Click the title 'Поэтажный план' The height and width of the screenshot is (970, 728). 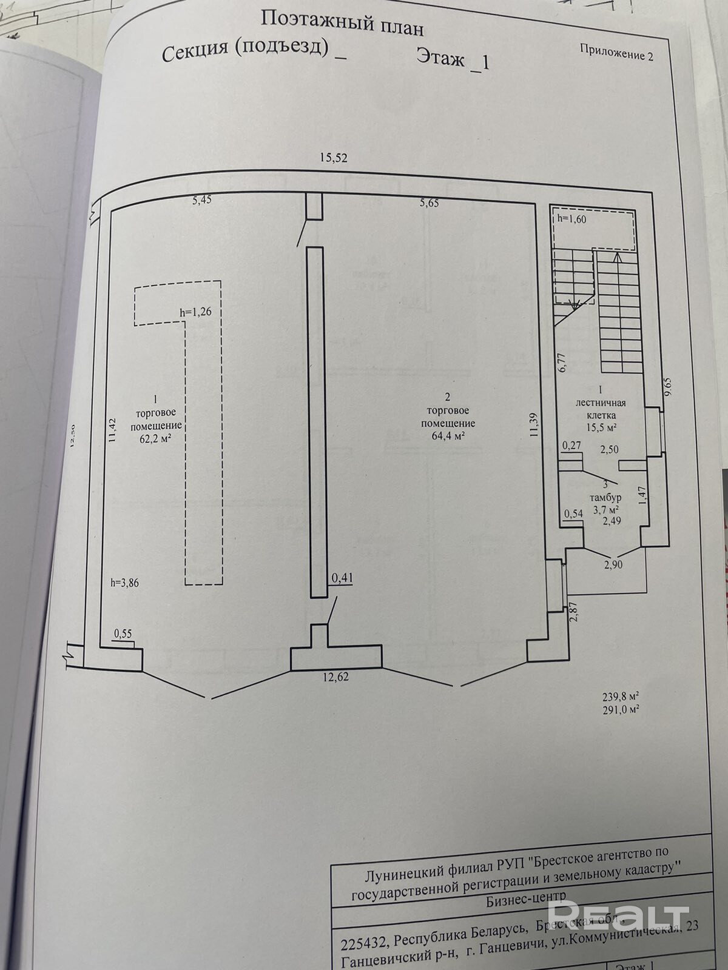point(342,23)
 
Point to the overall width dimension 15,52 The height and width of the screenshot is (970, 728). point(334,158)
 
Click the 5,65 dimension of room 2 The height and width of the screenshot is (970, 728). point(428,204)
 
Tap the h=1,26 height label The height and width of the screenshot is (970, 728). point(195,312)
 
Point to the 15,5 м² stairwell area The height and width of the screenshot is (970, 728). point(601,427)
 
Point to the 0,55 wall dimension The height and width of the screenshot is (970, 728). point(123,634)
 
